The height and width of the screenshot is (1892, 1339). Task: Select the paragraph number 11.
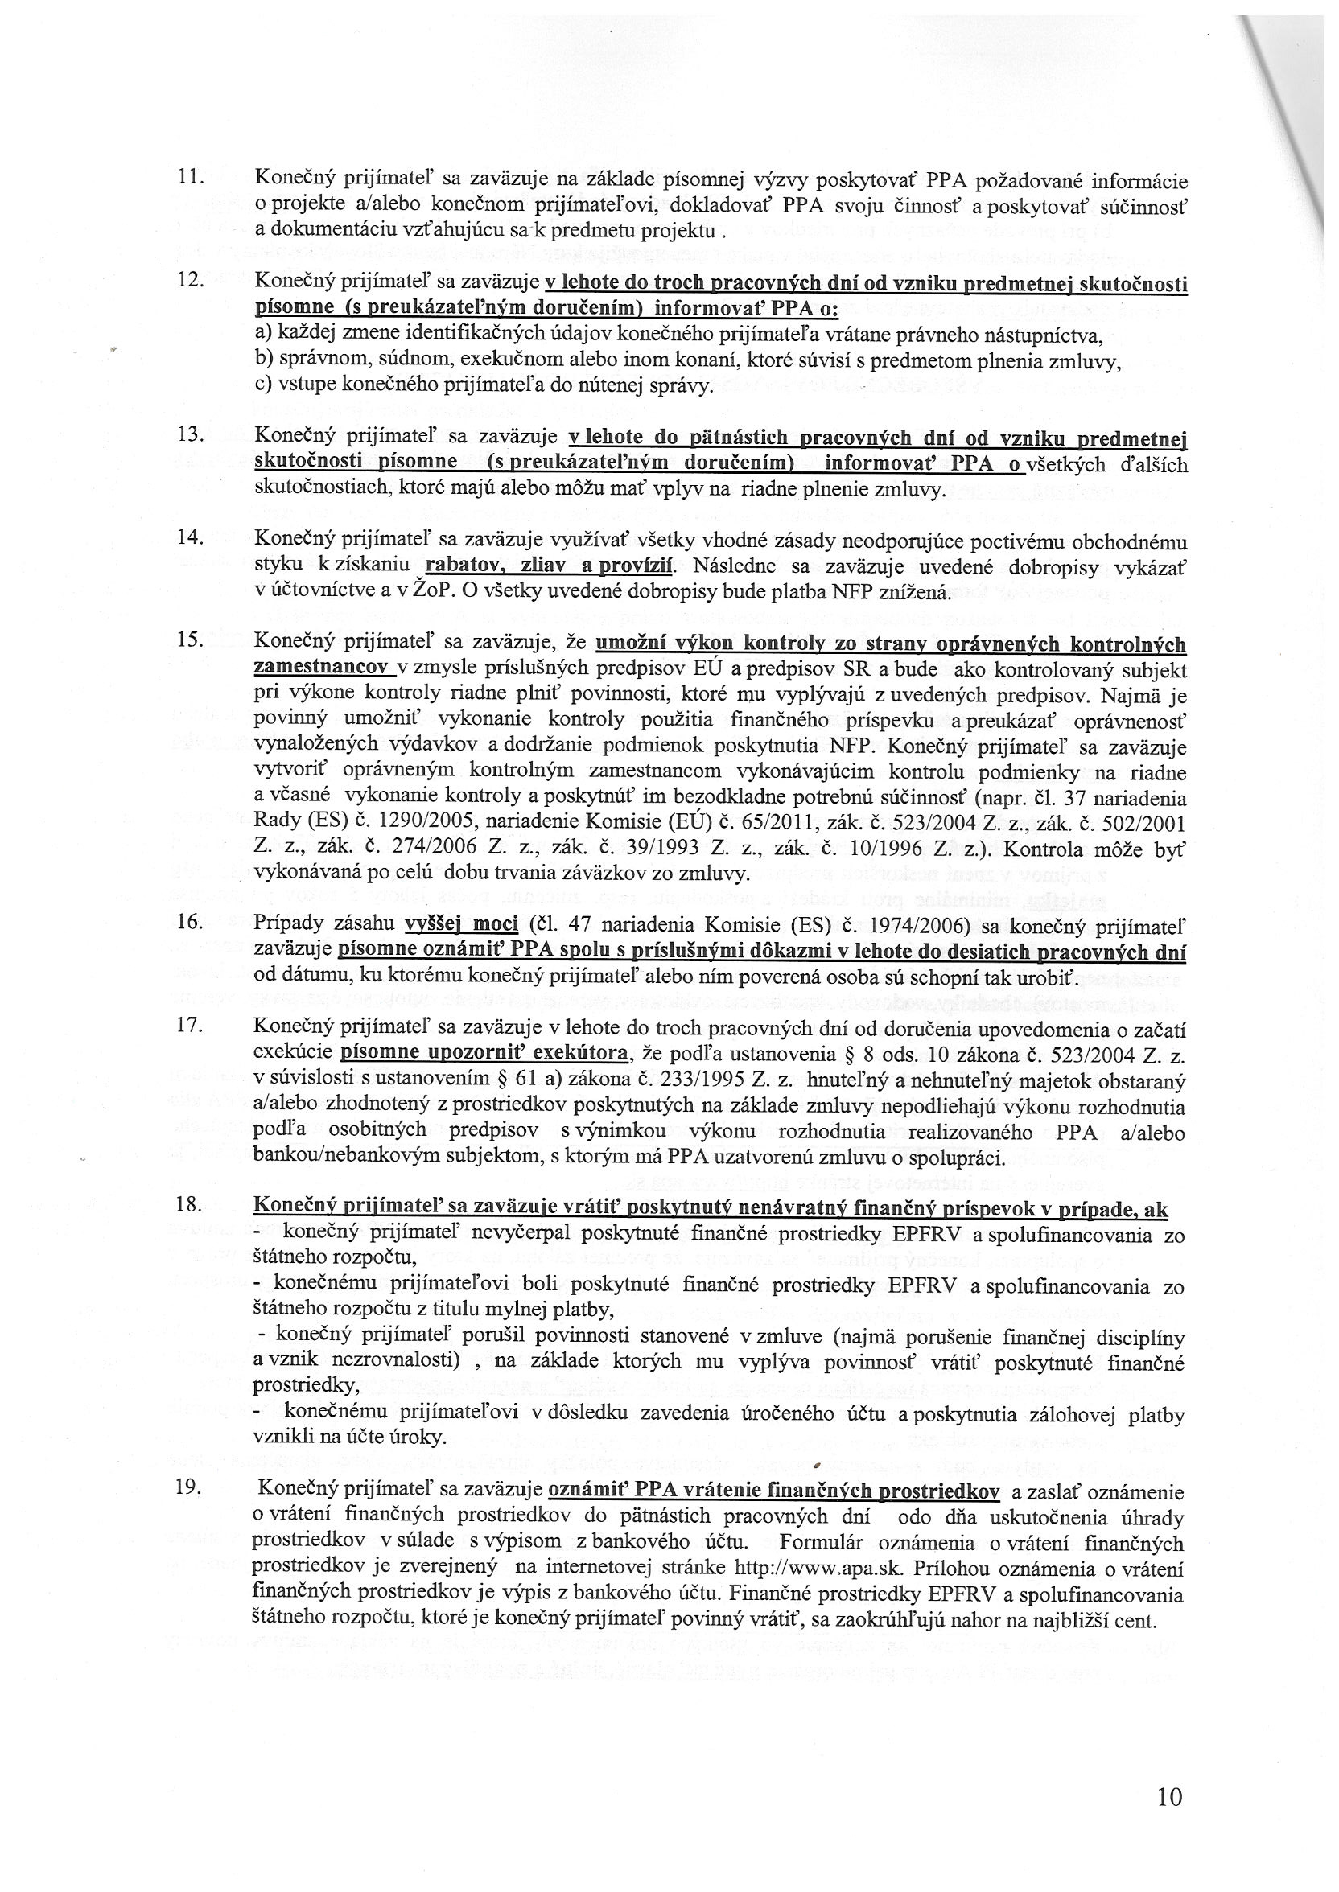pos(192,176)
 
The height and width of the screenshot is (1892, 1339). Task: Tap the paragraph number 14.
pos(192,537)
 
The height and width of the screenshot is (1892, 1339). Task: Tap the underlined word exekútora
pos(582,1052)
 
